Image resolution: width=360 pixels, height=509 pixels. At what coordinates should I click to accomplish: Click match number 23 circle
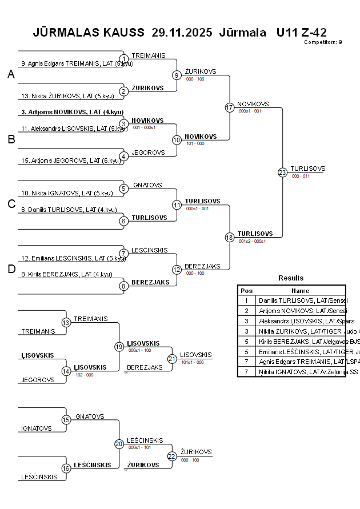(x=282, y=173)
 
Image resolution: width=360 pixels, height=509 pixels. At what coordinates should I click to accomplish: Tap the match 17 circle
(x=230, y=107)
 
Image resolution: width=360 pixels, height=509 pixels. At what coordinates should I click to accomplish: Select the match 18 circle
(x=230, y=237)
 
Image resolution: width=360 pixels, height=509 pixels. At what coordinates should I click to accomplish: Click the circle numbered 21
(x=172, y=359)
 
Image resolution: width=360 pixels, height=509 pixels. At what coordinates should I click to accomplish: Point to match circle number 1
(x=123, y=59)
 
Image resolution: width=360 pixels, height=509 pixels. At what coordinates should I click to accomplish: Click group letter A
(x=11, y=75)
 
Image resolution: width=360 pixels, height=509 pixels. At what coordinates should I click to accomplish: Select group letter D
(x=11, y=270)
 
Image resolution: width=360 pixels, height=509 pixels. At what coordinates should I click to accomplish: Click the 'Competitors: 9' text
(x=323, y=42)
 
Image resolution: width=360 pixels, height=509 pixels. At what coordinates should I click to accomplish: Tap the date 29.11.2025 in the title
(x=182, y=32)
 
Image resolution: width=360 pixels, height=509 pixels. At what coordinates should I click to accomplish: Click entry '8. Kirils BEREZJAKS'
(x=66, y=274)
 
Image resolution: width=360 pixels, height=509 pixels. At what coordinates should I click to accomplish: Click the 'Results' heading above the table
(x=291, y=278)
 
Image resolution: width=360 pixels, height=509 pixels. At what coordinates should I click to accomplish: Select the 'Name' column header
(x=300, y=290)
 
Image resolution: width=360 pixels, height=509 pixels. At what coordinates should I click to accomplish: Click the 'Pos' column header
(x=246, y=290)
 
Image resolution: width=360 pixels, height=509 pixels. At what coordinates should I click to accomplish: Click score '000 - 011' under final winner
(x=301, y=177)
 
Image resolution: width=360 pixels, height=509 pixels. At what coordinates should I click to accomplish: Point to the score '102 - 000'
(x=84, y=375)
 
